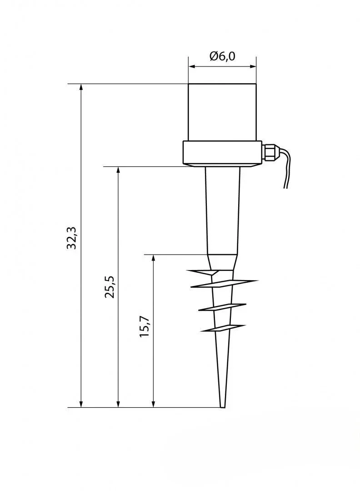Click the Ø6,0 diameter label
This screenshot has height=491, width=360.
click(222, 57)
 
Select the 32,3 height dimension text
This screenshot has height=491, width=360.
click(72, 238)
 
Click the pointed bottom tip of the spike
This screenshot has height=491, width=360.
click(223, 407)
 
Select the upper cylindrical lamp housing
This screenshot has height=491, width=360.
click(222, 112)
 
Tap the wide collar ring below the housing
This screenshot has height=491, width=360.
click(222, 154)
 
